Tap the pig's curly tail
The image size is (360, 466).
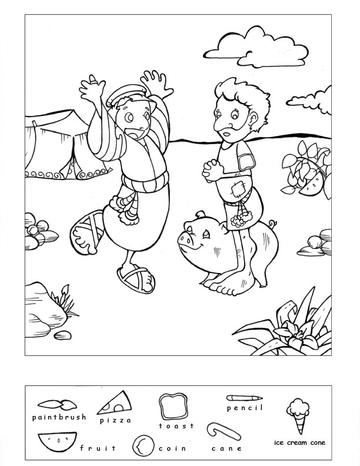coord(272,223)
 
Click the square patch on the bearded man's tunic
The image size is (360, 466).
coord(239,190)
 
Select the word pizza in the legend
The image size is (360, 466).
coord(115,420)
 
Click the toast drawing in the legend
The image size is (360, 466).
coord(174,406)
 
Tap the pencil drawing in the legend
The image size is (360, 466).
coord(244,398)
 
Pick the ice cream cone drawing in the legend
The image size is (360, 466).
coord(298,415)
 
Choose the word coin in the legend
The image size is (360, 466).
coord(172,448)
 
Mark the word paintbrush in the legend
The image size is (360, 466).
coord(59,417)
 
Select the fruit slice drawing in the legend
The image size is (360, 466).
coord(57,441)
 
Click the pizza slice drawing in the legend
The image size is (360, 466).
coord(115,402)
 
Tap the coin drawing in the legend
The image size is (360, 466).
coord(143,446)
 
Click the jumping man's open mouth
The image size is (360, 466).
coord(133,134)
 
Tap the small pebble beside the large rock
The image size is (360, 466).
coord(62,335)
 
